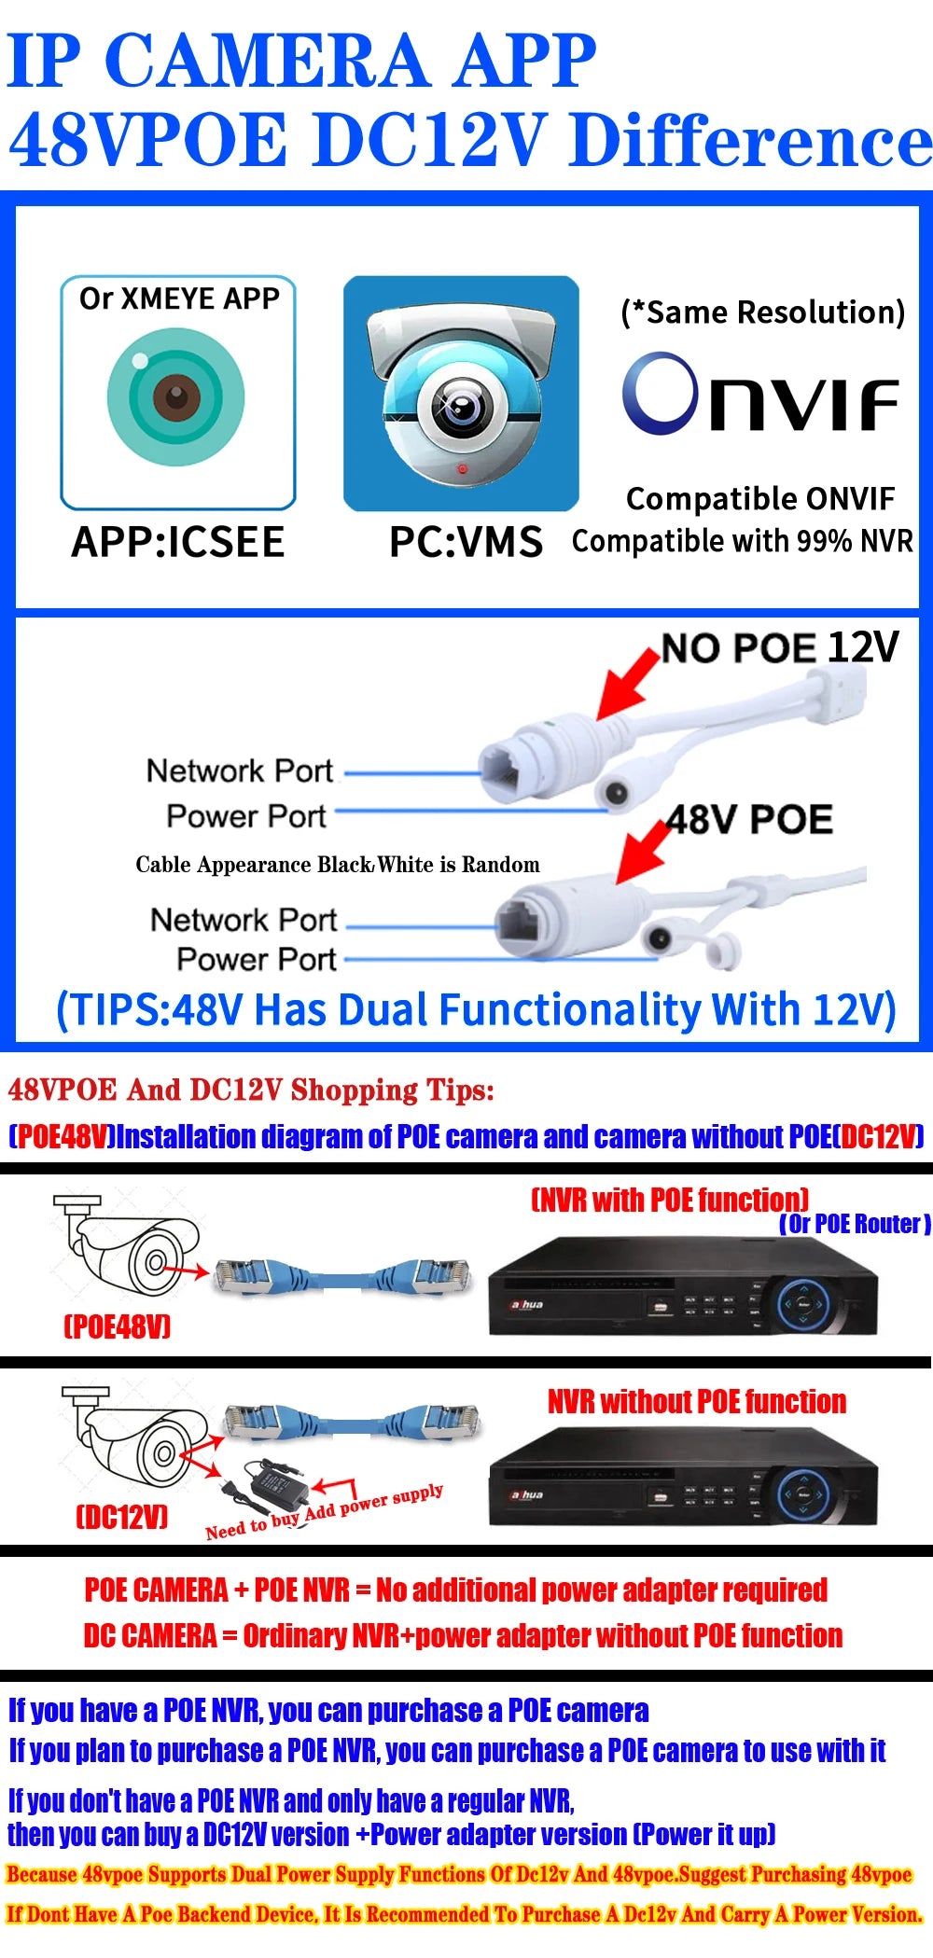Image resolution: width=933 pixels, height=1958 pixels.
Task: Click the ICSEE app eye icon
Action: tap(176, 396)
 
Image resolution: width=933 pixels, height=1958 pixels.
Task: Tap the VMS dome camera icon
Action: tap(461, 393)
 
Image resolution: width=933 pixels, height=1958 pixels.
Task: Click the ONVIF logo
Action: tap(759, 395)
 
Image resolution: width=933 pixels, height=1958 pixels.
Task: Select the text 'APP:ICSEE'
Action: tap(178, 542)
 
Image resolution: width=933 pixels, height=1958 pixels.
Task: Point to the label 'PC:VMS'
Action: tap(466, 542)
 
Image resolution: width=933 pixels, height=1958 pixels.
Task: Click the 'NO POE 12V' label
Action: tap(780, 647)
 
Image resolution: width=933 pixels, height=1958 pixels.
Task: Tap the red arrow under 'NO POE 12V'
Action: tap(627, 684)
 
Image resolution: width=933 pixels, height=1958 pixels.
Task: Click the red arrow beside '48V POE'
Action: tap(644, 850)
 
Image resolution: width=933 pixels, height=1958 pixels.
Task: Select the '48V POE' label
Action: tap(750, 820)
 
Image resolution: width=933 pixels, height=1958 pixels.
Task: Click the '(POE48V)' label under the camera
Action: tap(118, 1326)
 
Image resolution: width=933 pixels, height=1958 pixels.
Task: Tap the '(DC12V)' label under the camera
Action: tap(121, 1517)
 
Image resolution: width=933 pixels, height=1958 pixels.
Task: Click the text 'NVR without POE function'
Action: tap(697, 1401)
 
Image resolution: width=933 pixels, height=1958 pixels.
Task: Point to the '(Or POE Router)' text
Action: tap(855, 1224)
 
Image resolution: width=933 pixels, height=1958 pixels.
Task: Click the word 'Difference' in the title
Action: tap(751, 140)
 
